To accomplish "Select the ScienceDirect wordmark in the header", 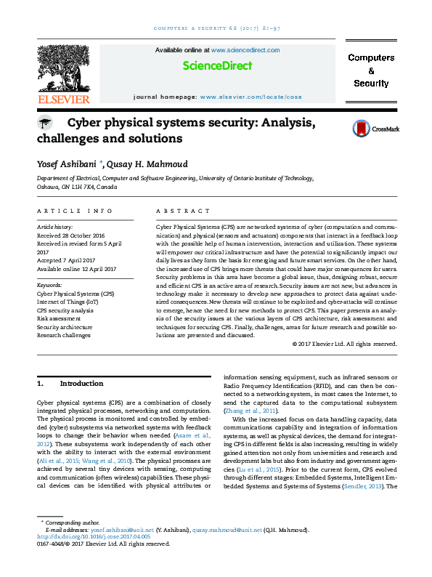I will pos(217,66).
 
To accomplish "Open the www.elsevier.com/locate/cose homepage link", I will pos(250,96).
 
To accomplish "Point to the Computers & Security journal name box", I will pos(371,70).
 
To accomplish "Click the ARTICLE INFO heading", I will pos(75,211).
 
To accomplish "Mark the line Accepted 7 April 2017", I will pos(69,260).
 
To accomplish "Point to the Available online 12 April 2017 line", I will pos(77,269).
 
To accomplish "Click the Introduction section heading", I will pos(81,383).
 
